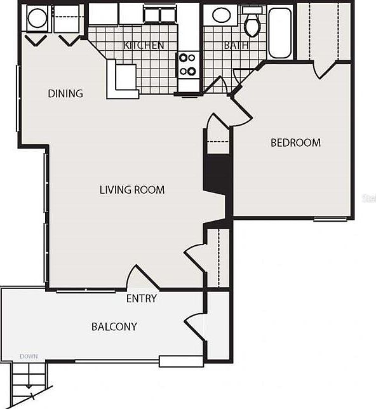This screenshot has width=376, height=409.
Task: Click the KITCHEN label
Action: [144, 45]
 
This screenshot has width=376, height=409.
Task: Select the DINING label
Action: [65, 93]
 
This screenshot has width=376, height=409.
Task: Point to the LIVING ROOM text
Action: [132, 190]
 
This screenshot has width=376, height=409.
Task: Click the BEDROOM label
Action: [295, 142]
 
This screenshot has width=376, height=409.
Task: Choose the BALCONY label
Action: [114, 327]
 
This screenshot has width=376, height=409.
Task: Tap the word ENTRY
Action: [141, 298]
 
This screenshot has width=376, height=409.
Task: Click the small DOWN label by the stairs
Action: [29, 356]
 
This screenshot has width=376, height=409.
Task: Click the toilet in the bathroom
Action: [253, 22]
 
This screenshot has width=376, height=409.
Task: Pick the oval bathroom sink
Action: [221, 15]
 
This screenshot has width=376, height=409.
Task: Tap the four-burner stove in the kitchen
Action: [187, 64]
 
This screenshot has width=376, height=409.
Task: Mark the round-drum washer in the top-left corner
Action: [37, 18]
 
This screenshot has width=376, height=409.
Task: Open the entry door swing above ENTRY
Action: [141, 278]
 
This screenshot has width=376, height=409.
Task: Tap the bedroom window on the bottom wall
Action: [330, 219]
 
